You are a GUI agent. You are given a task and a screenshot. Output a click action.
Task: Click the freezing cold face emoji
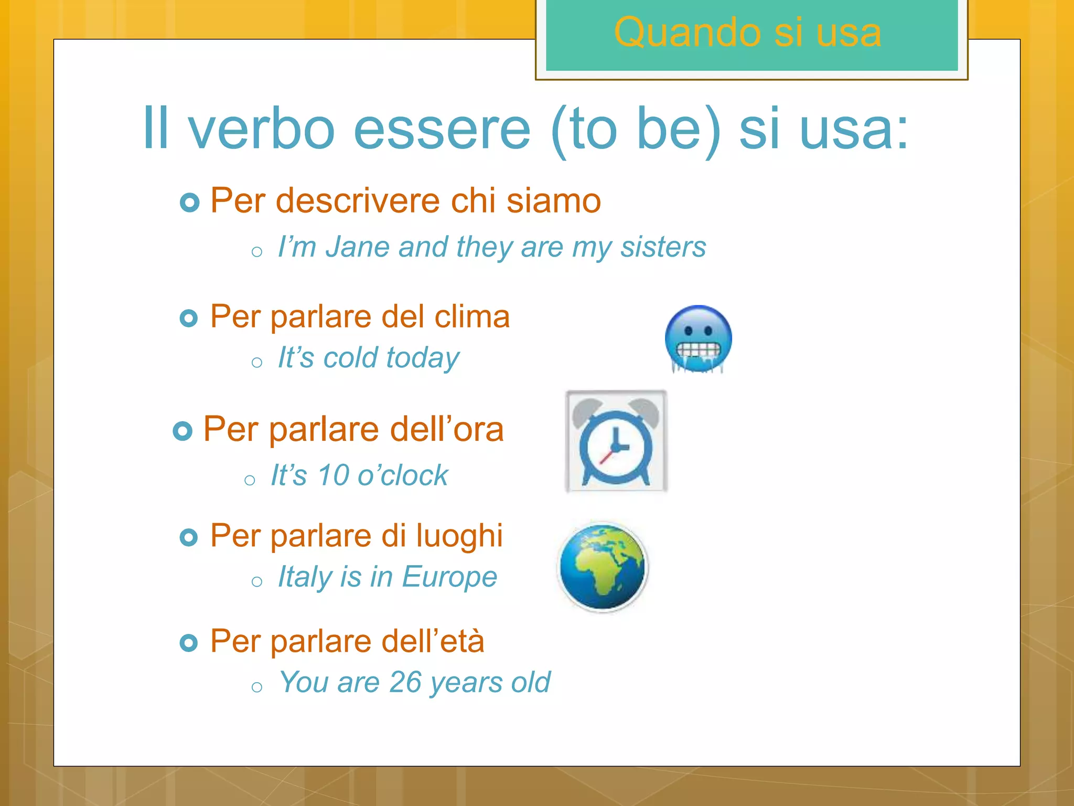tap(698, 338)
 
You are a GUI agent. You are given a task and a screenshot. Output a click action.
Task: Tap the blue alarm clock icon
tap(616, 442)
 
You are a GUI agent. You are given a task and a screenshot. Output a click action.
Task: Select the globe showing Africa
tap(603, 567)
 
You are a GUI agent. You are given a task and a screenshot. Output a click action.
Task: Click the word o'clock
tap(402, 475)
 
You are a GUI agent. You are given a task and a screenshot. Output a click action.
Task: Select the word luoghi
tap(459, 536)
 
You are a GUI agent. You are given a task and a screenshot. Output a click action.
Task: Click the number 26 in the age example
tap(405, 682)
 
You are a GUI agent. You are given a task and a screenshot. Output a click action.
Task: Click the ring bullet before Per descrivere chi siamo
tap(189, 202)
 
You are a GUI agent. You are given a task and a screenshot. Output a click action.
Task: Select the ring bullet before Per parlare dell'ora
tap(182, 431)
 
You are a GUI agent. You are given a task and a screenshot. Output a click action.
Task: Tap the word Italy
tap(304, 577)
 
